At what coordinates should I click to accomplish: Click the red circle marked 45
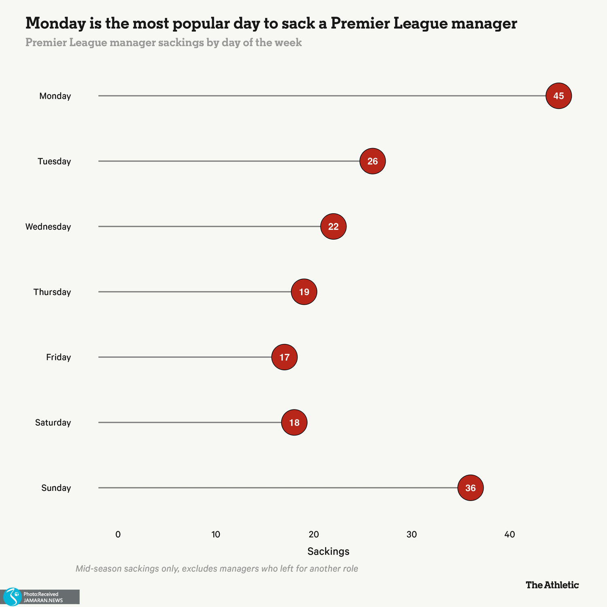[558, 96]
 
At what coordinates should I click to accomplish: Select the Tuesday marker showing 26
[372, 161]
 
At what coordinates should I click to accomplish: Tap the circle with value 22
[333, 227]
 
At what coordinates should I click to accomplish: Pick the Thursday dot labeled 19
[304, 292]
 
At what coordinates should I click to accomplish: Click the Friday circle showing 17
[284, 357]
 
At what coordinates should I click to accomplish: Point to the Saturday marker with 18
[294, 422]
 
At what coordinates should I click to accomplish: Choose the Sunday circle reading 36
[470, 488]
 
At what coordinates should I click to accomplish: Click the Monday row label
[55, 96]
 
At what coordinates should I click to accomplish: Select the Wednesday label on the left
[48, 227]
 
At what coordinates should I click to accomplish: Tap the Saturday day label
[53, 423]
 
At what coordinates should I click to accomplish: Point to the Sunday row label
[56, 488]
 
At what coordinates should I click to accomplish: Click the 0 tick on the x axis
[118, 535]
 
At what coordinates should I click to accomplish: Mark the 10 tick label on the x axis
[216, 535]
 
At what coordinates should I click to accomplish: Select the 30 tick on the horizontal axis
[412, 535]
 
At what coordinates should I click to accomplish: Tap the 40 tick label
[509, 535]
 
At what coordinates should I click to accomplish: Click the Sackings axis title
[328, 552]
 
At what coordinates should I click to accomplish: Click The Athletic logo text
[552, 585]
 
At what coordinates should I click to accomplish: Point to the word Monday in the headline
[55, 23]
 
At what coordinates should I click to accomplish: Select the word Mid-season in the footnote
[98, 569]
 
